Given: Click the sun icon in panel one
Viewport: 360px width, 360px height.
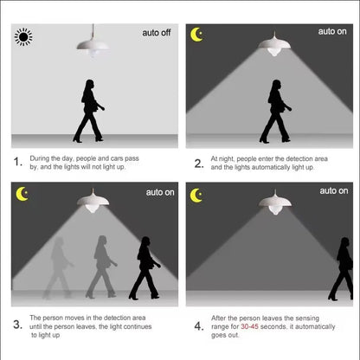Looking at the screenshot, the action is tap(23, 36).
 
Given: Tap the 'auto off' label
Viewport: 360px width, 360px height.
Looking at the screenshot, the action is tap(157, 33).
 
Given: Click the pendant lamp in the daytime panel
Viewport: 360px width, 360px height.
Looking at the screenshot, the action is tap(93, 43).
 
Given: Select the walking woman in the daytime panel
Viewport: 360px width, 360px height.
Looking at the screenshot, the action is tap(89, 111).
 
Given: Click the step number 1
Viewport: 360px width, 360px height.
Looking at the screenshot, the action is tap(18, 162).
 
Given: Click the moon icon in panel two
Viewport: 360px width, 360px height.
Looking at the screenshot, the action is tap(196, 35).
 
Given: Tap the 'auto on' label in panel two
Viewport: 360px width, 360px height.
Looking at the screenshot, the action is tap(332, 31).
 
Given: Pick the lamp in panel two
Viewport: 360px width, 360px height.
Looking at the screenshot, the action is tap(274, 44).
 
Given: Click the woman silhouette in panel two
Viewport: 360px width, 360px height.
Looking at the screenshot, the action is tap(276, 111).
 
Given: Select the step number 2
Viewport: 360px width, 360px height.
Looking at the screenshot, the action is tap(199, 164).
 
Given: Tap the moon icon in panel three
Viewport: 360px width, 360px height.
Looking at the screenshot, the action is tap(22, 194).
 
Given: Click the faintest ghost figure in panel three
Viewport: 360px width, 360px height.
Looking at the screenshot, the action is tap(58, 267).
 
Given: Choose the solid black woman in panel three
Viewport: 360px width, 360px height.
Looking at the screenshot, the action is tap(145, 267).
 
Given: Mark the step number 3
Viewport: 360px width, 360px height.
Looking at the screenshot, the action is tap(17, 325).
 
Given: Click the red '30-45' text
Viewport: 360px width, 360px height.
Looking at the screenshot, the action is tap(250, 326).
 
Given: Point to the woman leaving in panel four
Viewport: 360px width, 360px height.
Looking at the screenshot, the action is tap(342, 269).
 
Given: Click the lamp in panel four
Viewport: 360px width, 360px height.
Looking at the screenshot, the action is tap(275, 202).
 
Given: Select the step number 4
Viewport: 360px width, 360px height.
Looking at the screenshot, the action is tap(199, 326).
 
